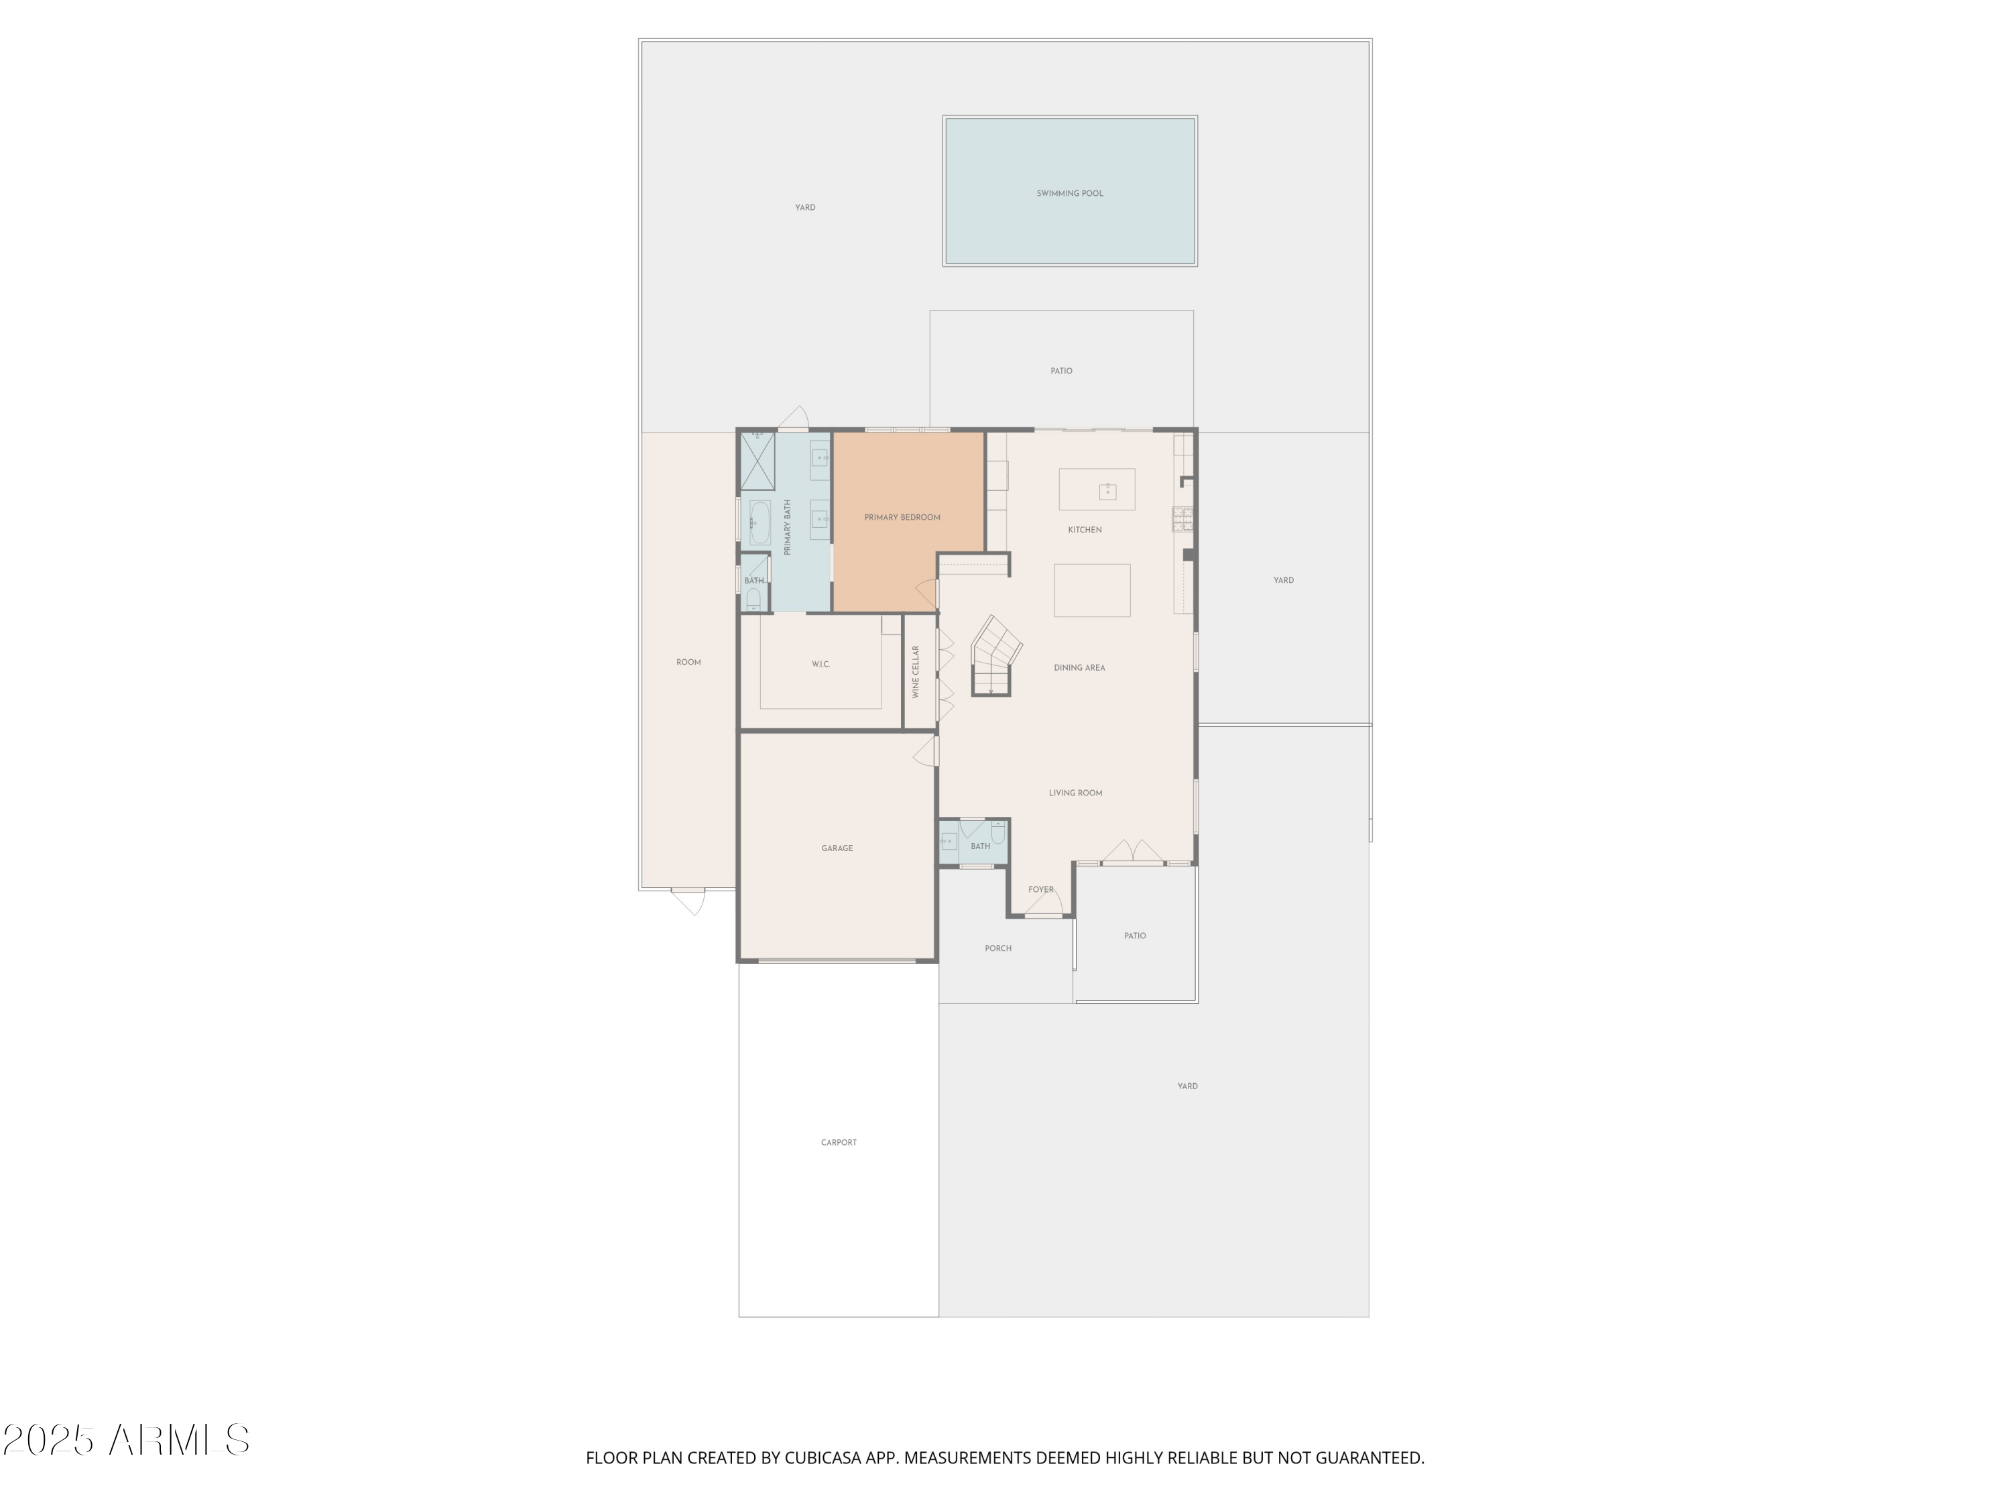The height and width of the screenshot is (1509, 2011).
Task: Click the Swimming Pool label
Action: pyautogui.click(x=1069, y=194)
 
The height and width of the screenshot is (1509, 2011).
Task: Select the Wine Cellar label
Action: pyautogui.click(x=916, y=672)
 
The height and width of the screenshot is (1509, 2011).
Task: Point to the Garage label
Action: pyautogui.click(x=837, y=848)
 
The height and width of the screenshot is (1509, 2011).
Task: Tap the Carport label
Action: pyautogui.click(x=838, y=1142)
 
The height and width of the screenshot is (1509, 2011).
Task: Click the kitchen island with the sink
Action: pyautogui.click(x=1097, y=490)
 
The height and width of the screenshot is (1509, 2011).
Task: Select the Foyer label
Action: pyautogui.click(x=1040, y=889)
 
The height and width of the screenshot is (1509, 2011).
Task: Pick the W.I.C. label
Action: pyautogui.click(x=820, y=665)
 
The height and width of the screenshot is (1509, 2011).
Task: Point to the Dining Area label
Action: pyautogui.click(x=1079, y=667)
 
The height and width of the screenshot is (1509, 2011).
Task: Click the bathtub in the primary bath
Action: pyautogui.click(x=759, y=523)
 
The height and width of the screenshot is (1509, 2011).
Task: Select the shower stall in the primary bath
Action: pyautogui.click(x=757, y=461)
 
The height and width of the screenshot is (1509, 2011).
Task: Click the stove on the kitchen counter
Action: pyautogui.click(x=1182, y=519)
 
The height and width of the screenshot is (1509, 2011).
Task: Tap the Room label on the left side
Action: pyautogui.click(x=688, y=662)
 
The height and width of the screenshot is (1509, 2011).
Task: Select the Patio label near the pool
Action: pyautogui.click(x=1061, y=371)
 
